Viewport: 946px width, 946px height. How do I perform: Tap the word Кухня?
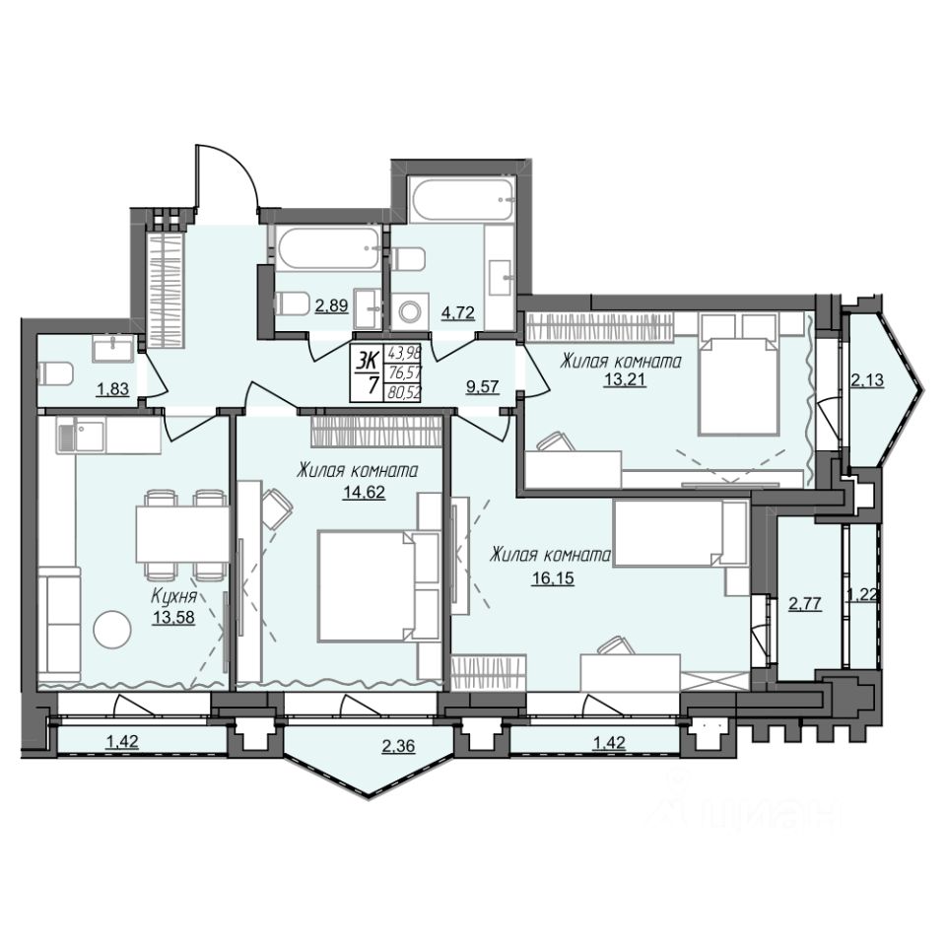(x=173, y=597)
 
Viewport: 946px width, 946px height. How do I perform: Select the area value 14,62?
(x=364, y=493)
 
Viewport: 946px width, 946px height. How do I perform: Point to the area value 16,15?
(x=553, y=578)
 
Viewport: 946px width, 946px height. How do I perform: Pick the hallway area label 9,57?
(x=483, y=386)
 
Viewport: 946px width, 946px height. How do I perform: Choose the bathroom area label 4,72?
(x=458, y=312)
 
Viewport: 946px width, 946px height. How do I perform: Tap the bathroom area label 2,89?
(x=331, y=305)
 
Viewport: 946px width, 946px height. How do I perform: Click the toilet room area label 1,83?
(x=112, y=389)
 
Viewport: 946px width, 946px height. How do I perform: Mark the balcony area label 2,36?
(x=399, y=747)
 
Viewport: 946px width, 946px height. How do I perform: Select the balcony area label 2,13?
(x=867, y=380)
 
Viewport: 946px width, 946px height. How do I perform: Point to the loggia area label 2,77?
(x=805, y=603)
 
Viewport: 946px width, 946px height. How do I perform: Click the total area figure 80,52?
(x=405, y=393)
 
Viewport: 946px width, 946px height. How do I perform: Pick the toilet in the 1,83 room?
(x=55, y=374)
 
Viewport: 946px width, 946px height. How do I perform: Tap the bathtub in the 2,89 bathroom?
(x=329, y=248)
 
